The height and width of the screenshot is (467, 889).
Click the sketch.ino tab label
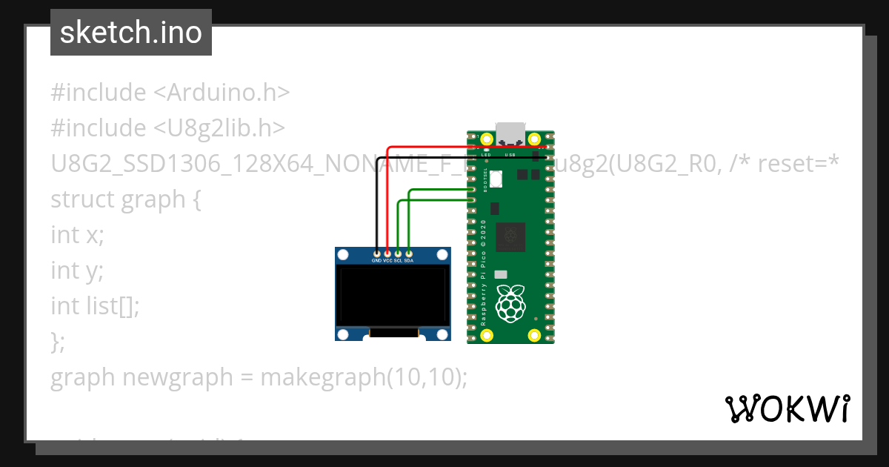(x=131, y=33)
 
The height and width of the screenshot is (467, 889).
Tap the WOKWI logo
(x=786, y=408)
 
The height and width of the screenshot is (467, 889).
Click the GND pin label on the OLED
(x=376, y=261)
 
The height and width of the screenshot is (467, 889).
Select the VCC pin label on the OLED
(x=387, y=261)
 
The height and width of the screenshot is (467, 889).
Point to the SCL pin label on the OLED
(x=398, y=261)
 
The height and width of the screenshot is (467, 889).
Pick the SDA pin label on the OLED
(x=409, y=261)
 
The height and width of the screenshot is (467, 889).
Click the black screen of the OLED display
(x=393, y=297)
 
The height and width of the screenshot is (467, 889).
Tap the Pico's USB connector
(x=510, y=133)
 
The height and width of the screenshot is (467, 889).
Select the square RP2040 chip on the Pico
(x=510, y=236)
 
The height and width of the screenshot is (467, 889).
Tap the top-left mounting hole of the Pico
(x=487, y=139)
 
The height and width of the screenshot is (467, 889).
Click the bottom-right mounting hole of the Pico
(x=534, y=336)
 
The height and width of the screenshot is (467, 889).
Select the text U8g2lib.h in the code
(x=219, y=128)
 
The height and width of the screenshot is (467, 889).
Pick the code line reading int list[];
(x=95, y=305)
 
